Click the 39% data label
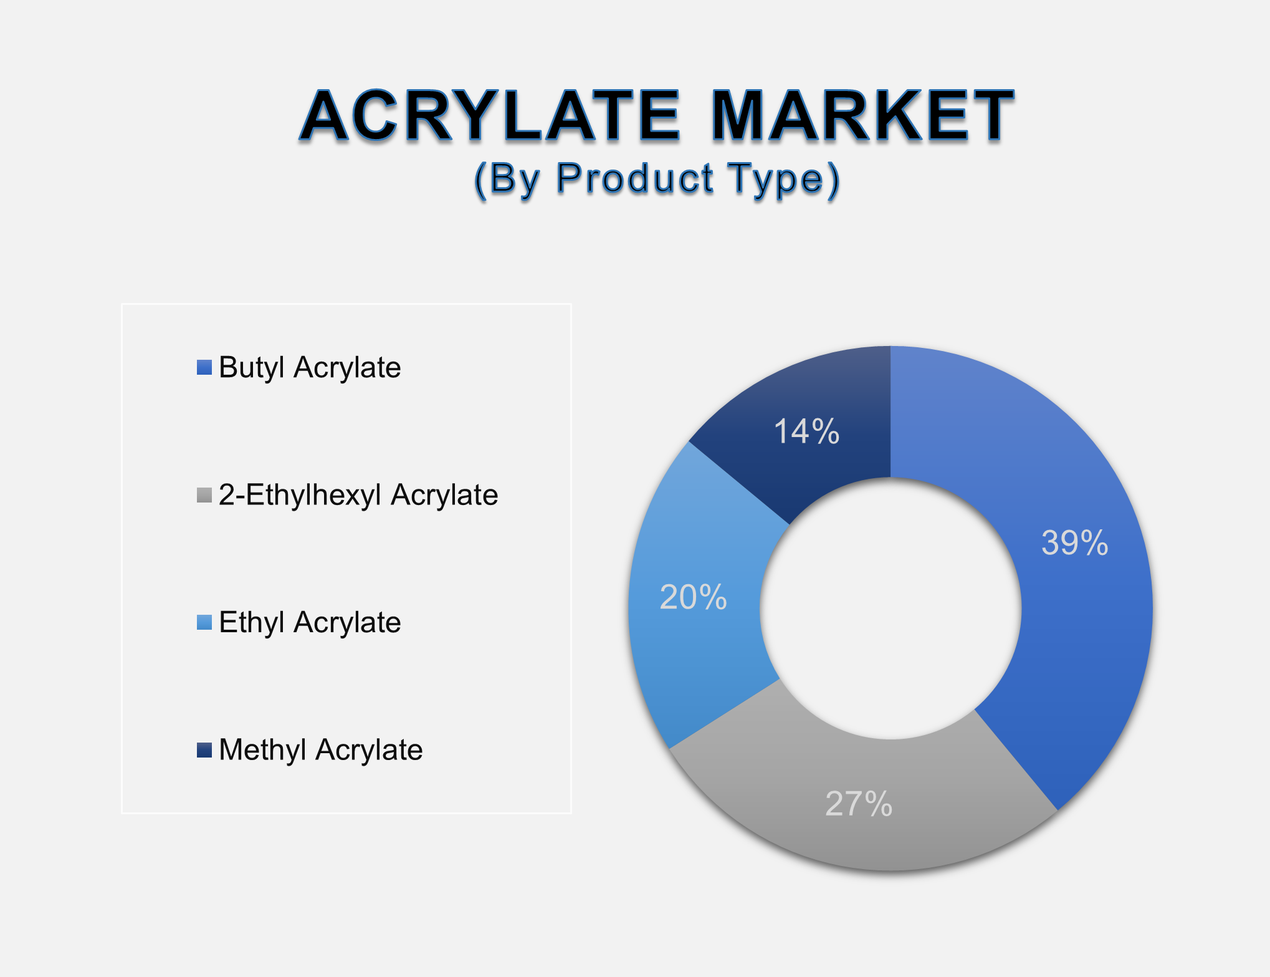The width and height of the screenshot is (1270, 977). point(1075,542)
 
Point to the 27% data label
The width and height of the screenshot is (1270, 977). point(859,804)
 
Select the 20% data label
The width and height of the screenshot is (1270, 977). point(693,597)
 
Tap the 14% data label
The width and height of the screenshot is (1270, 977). point(806,431)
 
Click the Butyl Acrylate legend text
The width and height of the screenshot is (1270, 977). point(310,367)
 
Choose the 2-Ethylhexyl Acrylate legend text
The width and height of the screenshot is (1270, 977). point(358,495)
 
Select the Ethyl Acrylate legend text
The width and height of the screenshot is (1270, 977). point(310,622)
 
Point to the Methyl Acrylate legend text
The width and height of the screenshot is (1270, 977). point(320,749)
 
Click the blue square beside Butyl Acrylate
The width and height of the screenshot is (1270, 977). point(204,367)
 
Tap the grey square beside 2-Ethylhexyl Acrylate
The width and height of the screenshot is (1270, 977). point(204,495)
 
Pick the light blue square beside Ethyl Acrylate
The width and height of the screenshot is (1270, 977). point(204,622)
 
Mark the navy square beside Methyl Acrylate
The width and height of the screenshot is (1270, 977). point(204,749)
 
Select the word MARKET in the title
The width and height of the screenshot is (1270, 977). point(863,116)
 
